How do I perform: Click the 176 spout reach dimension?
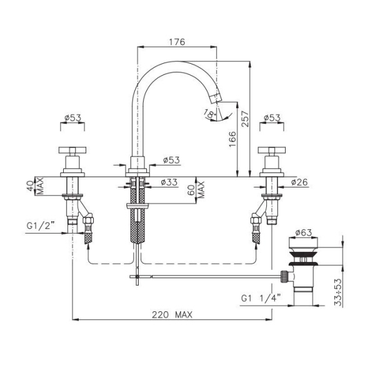coord(177,42)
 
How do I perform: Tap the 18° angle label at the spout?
coord(209,112)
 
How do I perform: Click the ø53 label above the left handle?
coord(73,117)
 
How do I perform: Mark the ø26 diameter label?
coord(299,182)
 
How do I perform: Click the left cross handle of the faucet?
coord(74,151)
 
